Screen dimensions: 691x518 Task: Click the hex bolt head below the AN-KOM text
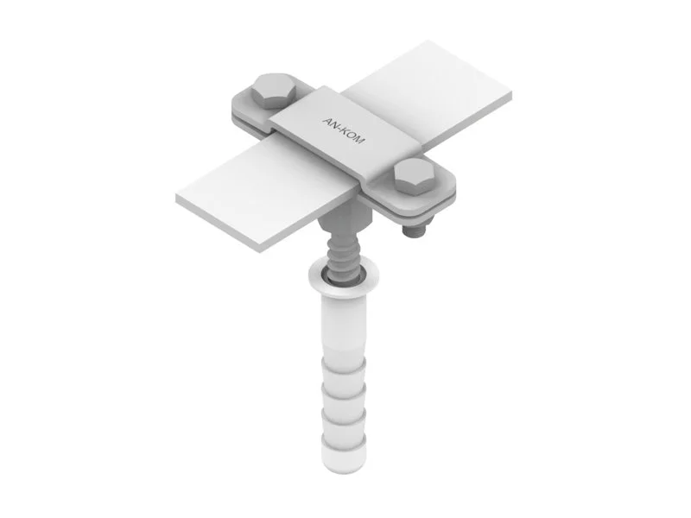[x=417, y=176]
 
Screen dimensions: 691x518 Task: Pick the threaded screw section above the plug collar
[x=341, y=255]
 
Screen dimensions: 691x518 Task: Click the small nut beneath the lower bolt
[x=416, y=230]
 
